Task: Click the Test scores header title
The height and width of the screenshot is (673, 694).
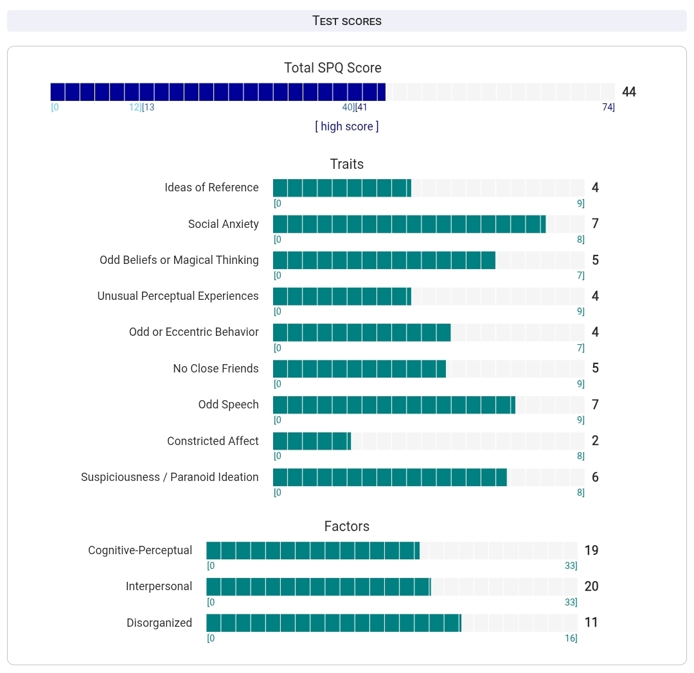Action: [x=347, y=21]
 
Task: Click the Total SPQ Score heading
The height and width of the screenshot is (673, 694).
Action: [x=333, y=68]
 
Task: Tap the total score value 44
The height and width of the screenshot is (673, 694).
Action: [x=629, y=92]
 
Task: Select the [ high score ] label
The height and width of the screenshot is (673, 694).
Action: [x=347, y=127]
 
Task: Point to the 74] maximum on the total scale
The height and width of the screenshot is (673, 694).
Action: [x=608, y=107]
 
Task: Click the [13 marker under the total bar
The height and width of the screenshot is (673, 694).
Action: [x=148, y=107]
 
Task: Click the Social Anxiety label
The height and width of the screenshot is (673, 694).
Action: [x=223, y=224]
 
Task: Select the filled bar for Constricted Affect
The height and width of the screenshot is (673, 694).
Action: [x=312, y=441]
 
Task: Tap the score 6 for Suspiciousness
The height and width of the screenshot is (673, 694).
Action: [x=595, y=477]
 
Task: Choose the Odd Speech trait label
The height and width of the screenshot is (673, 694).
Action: [x=228, y=405]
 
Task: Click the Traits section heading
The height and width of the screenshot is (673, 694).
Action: [x=347, y=164]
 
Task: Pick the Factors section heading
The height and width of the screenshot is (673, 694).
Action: [x=347, y=527]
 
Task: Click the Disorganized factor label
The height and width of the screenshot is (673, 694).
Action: [x=159, y=623]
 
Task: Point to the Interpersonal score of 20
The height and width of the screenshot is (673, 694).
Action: [x=591, y=586]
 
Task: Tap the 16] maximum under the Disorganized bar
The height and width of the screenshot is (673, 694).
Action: [x=571, y=638]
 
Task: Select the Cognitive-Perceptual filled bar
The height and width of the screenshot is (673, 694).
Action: [x=312, y=550]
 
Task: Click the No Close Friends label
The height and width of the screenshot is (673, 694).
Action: [x=216, y=369]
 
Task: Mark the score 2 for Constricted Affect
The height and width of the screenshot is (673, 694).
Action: [x=595, y=441]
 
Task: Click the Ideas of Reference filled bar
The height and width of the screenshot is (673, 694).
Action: [x=342, y=188]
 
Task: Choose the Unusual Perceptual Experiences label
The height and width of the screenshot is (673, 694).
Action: [x=178, y=296]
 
